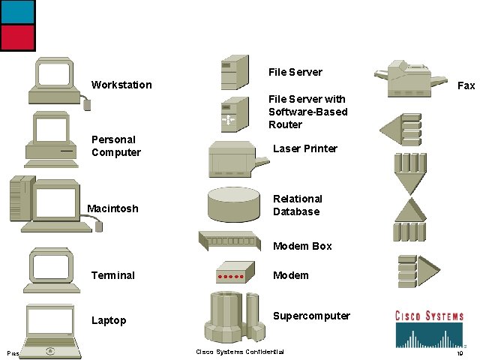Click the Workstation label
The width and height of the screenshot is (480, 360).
pos(121,85)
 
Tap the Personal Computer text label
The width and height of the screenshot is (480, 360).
pos(115,145)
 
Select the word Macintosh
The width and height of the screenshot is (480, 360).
pos(112,208)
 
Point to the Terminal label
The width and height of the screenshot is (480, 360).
pos(112,275)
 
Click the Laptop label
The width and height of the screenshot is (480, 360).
pos(109,320)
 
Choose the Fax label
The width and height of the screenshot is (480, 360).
pos(466,85)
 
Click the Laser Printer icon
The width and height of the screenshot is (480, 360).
pos(236,158)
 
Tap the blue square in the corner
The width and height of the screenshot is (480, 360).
pos(16,11)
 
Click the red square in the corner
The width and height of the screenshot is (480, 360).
pos(16,37)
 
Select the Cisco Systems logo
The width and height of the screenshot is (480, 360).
pos(430,327)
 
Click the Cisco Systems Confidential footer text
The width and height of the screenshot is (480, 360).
pos(240,352)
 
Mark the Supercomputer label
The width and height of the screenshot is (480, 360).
pos(311,316)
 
